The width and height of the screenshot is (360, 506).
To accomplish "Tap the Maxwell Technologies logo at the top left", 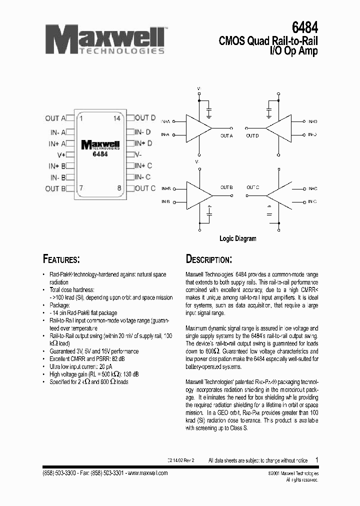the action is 105,40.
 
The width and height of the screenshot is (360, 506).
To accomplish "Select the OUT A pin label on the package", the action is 55,118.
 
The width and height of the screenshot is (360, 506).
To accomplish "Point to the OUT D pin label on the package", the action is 145,118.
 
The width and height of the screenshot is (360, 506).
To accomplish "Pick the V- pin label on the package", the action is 138,154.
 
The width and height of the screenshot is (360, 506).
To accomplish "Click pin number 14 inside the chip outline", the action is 117,118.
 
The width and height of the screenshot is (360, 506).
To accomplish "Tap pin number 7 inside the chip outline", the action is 81,188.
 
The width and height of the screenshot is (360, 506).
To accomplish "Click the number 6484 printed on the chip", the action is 100,154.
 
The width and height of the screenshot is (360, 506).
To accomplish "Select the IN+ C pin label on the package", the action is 143,165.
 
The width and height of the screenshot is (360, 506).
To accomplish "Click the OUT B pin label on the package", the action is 55,188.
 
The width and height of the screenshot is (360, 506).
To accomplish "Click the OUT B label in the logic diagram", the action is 226,187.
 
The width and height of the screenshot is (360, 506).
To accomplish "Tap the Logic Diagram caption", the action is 238,238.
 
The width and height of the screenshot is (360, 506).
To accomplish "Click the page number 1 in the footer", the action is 316,459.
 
